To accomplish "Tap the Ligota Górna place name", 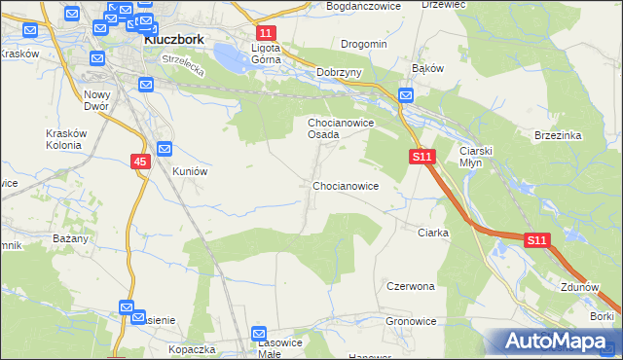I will [266, 53].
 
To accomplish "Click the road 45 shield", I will [140, 162].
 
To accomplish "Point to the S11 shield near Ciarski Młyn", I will [421, 156].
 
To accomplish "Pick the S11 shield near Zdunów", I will [538, 239].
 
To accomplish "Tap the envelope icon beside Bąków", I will [406, 95].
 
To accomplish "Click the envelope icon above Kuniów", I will [165, 149].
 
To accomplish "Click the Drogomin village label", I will [364, 44].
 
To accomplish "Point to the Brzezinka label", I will [558, 136].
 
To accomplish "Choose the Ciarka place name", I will [432, 233].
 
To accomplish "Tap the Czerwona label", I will [410, 287].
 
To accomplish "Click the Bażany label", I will [72, 238].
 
